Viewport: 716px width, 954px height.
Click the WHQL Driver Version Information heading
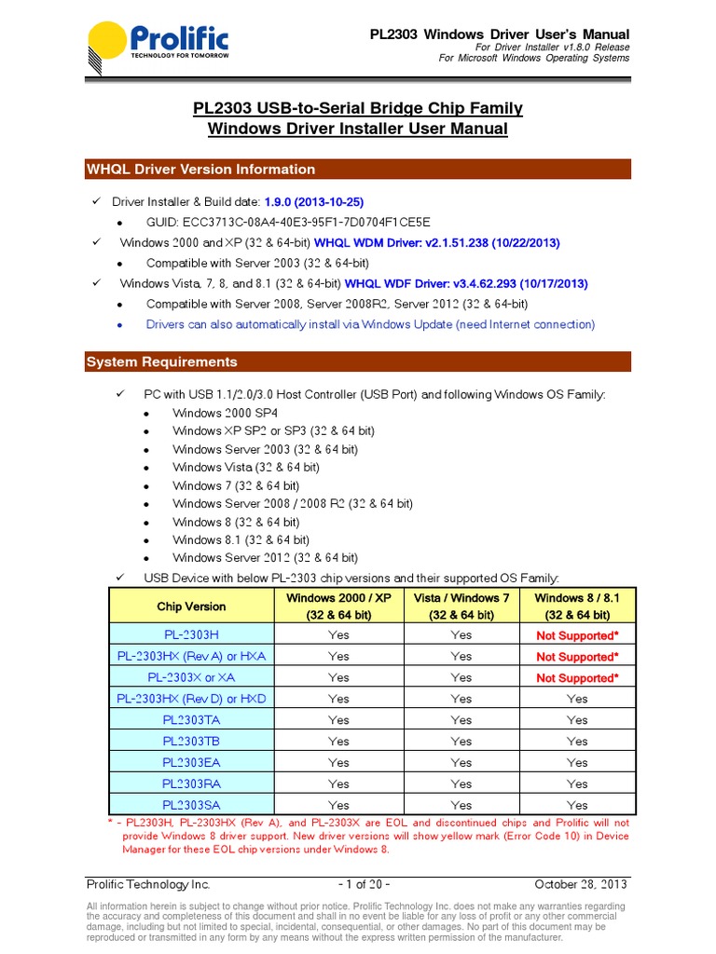200,170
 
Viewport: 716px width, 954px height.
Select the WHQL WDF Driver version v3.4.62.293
466,283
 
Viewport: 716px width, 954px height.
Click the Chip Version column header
191,606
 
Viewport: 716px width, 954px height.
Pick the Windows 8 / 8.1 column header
577,606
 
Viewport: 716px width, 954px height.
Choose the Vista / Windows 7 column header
461,606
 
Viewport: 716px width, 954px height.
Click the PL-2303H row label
191,634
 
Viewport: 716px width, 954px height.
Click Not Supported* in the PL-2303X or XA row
577,678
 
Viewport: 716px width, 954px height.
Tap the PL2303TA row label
191,720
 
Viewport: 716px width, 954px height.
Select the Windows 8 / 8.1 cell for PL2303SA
577,805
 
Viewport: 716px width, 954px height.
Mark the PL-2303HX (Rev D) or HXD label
191,699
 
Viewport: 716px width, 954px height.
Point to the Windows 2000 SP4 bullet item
224,413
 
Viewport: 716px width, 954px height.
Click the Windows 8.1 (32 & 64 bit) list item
241,539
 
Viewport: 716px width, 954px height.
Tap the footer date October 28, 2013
581,884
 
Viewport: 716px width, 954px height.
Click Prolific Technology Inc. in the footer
148,884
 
